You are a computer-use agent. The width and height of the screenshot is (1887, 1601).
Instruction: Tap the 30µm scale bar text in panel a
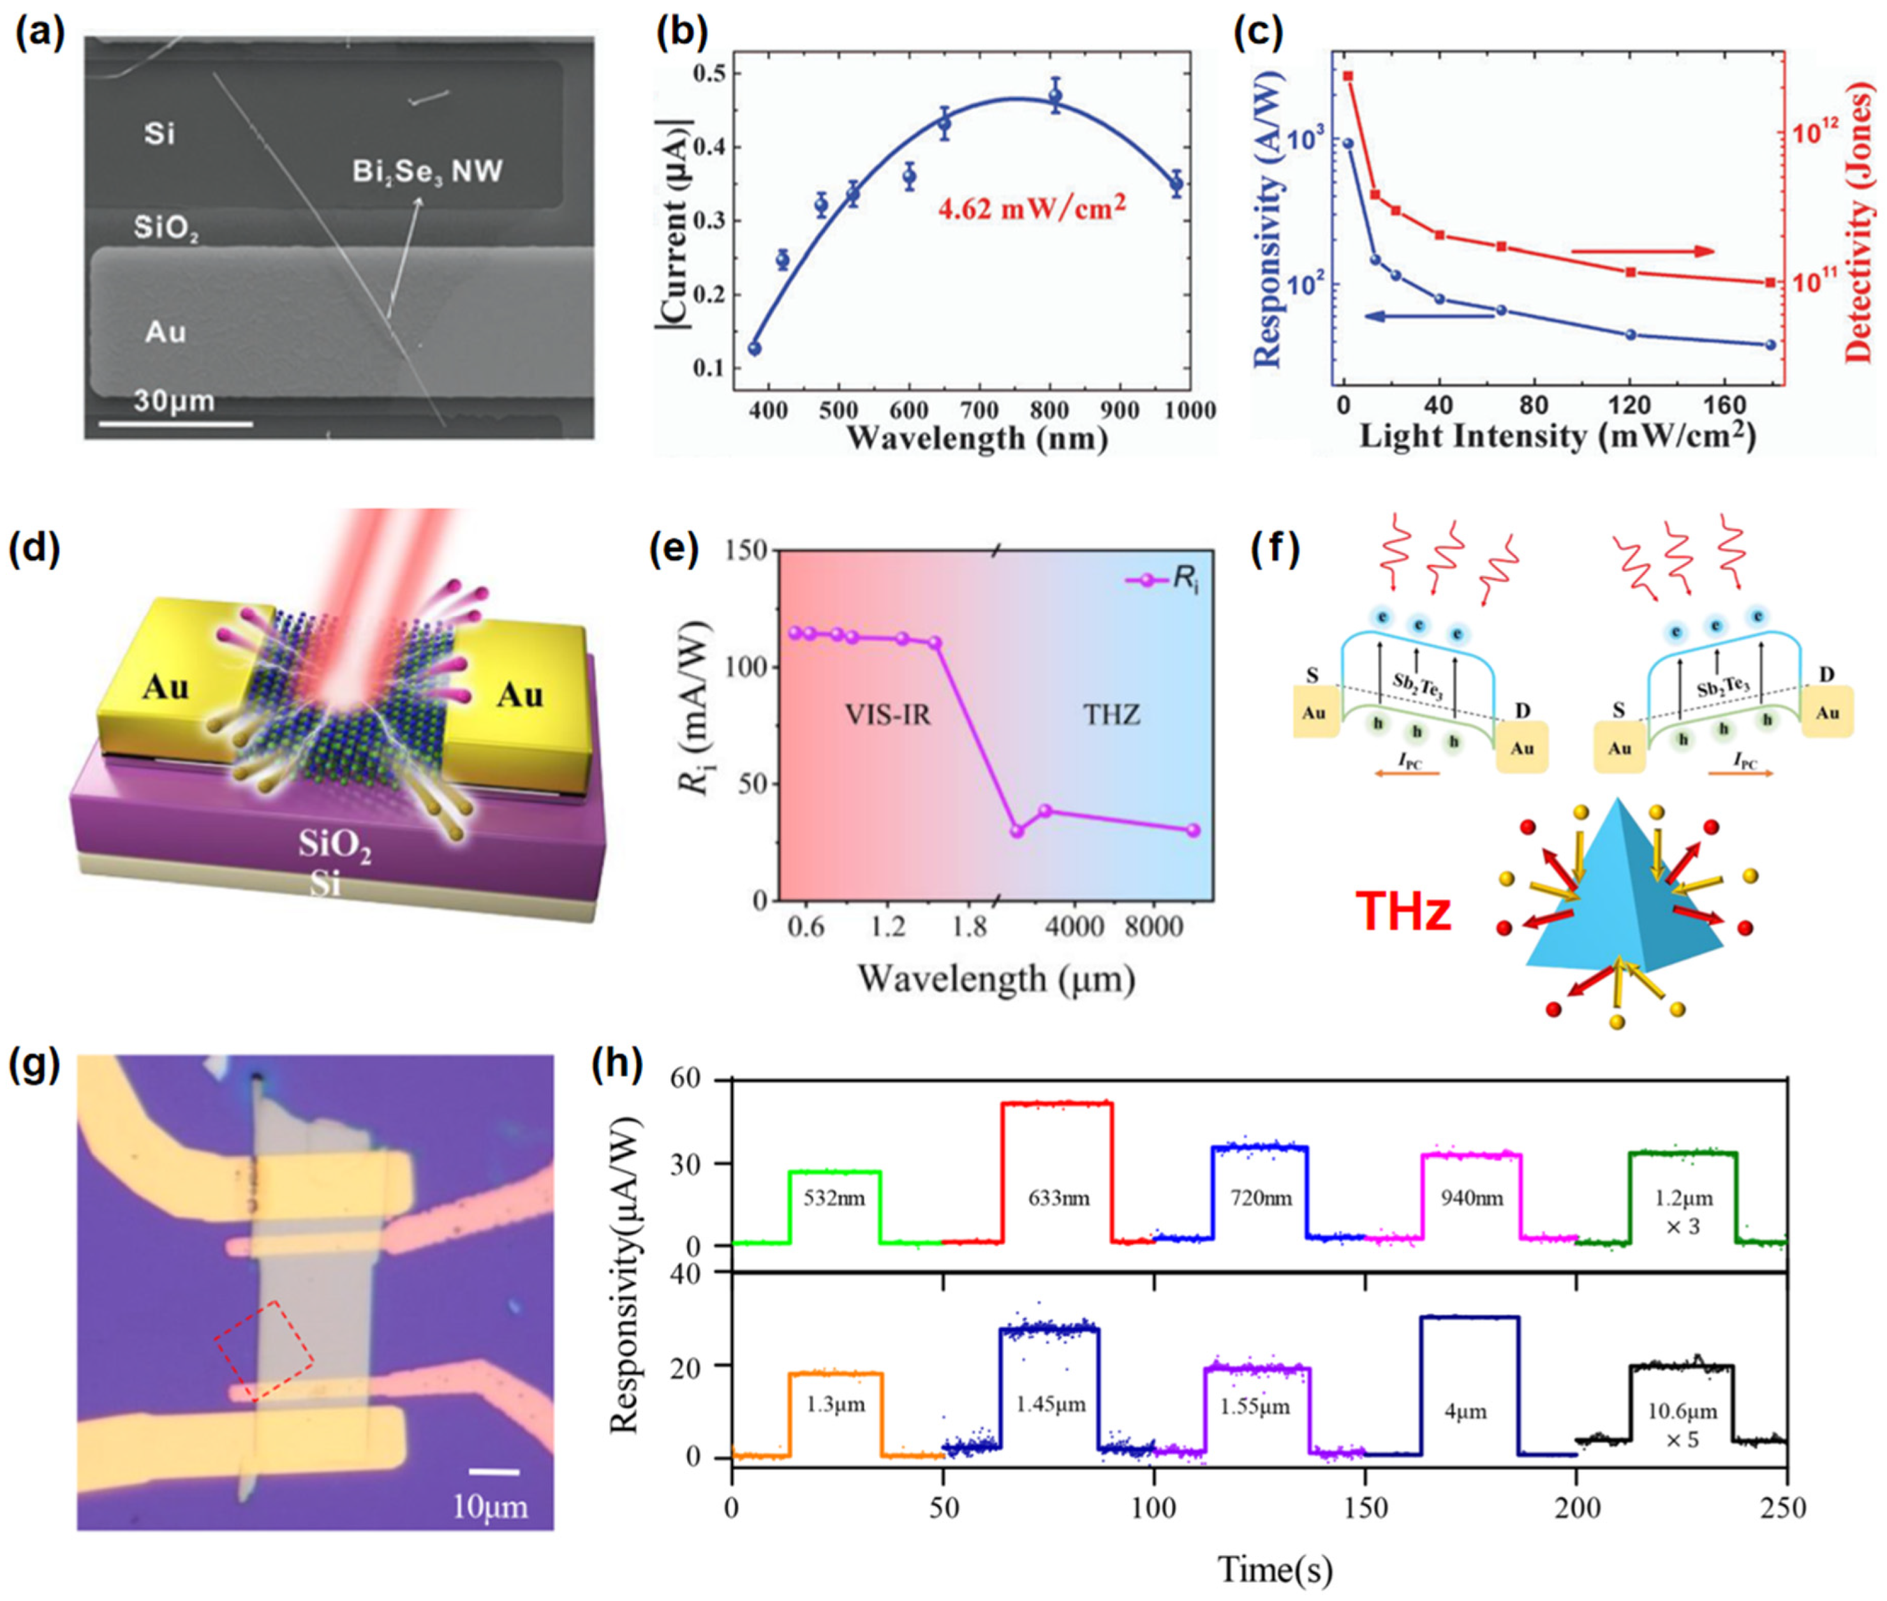[174, 400]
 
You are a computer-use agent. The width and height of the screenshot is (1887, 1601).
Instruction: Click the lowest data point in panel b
[754, 348]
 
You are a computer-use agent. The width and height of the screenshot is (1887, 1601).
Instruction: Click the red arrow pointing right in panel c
[1641, 251]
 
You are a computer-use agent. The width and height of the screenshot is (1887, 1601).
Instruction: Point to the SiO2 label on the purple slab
[335, 846]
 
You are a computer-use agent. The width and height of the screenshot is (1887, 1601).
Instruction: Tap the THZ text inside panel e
[1111, 715]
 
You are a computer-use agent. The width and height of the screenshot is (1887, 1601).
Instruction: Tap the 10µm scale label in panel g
[490, 1507]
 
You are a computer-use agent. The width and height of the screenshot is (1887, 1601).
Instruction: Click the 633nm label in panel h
[1059, 1198]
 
